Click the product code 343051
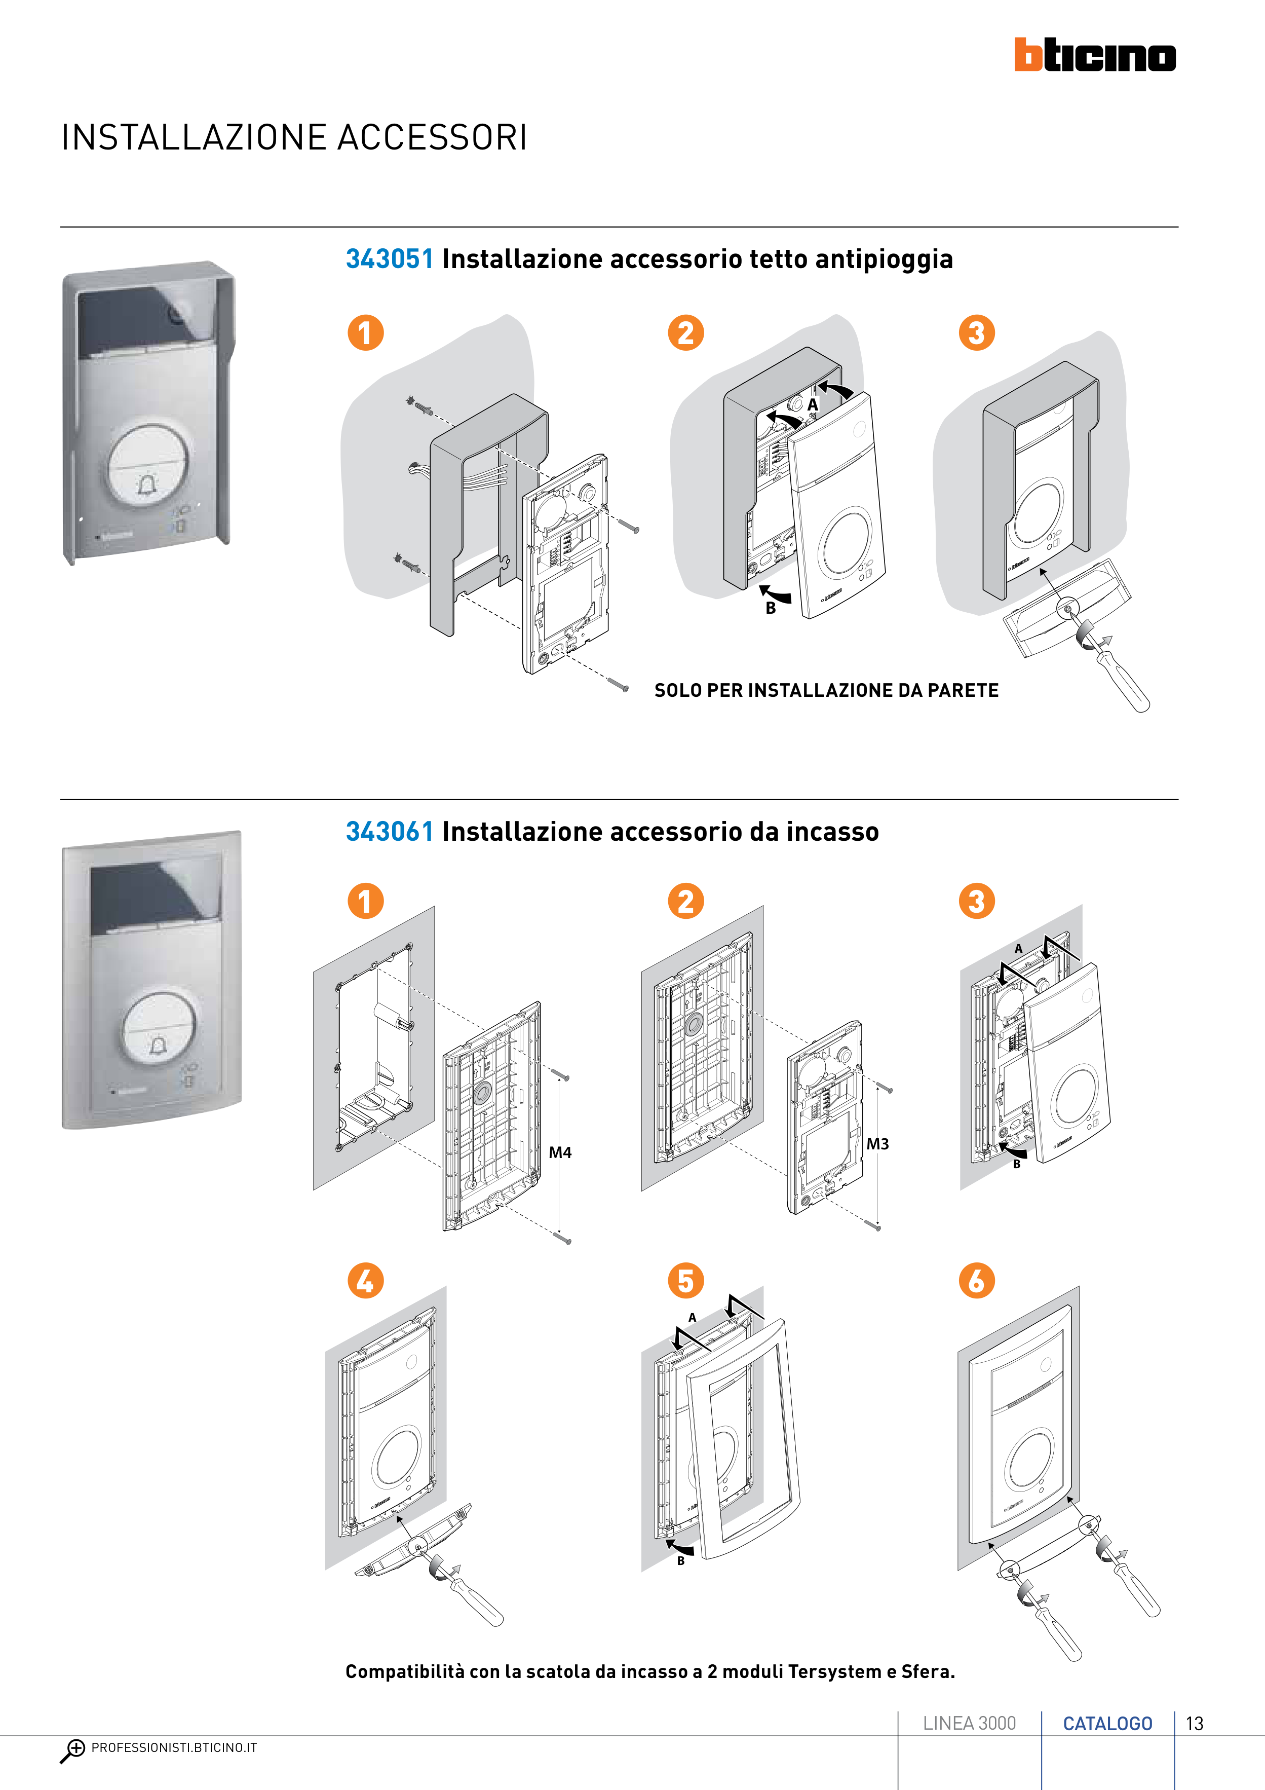pyautogui.click(x=389, y=259)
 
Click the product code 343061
pyautogui.click(x=389, y=832)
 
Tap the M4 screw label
pyautogui.click(x=560, y=1152)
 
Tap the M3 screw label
pyautogui.click(x=877, y=1144)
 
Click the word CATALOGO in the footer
pyautogui.click(x=1107, y=1724)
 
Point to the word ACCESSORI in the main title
pyautogui.click(x=433, y=138)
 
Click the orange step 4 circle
pyautogui.click(x=366, y=1280)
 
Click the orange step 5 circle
pyautogui.click(x=686, y=1280)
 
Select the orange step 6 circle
pyautogui.click(x=977, y=1280)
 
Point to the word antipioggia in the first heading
pyautogui.click(x=883, y=259)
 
